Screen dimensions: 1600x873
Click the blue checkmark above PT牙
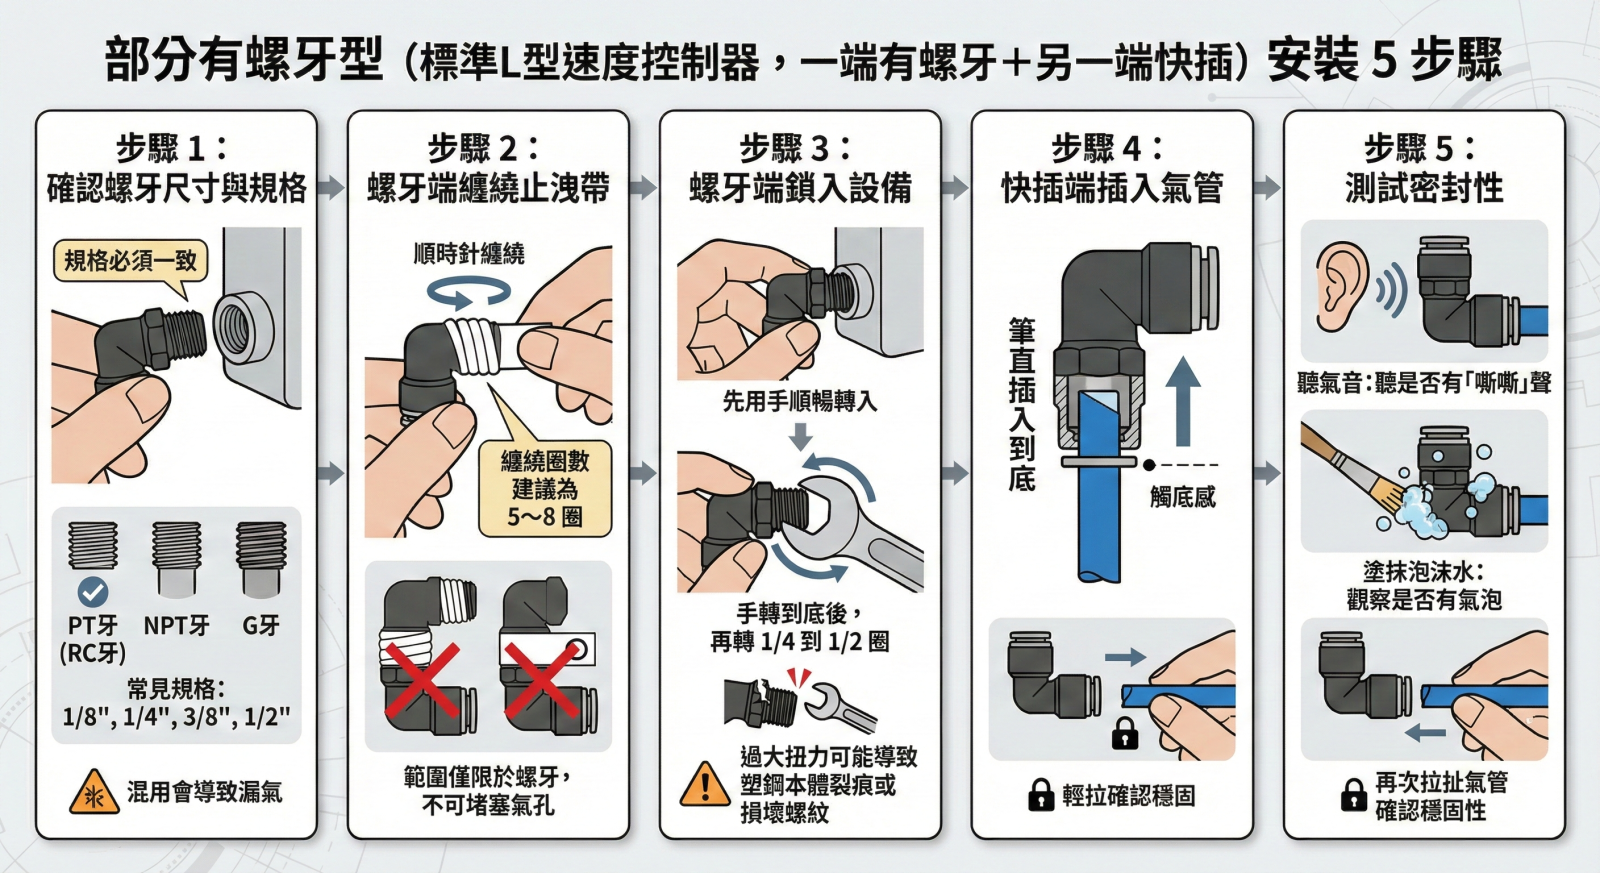93,592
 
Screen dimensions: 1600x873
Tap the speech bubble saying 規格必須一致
131,261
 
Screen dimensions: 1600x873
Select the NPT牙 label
176,626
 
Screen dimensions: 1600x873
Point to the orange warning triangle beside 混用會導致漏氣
94,793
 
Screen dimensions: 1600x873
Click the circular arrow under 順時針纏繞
469,291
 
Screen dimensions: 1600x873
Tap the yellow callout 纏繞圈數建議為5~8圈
545,489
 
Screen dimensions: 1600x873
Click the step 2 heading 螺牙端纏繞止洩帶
489,189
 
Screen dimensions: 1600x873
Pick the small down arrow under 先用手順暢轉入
800,435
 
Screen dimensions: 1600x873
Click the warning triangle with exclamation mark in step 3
705,784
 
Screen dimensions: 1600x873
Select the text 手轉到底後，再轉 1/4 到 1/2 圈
800,627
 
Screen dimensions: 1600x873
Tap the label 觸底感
1183,497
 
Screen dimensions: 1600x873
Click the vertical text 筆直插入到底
1022,405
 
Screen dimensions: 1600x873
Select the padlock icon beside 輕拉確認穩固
1041,794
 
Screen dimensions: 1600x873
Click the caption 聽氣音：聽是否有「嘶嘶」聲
1424,384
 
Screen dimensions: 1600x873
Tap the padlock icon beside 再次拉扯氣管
1353,794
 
